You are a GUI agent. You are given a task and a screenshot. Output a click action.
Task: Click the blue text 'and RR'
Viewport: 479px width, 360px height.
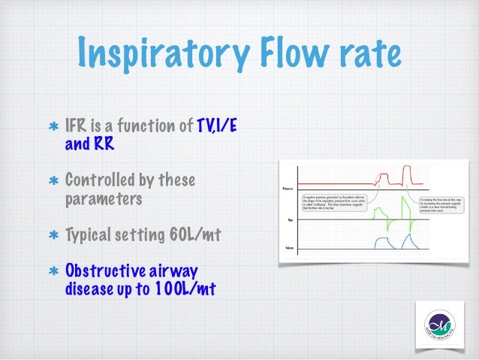[90, 143]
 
